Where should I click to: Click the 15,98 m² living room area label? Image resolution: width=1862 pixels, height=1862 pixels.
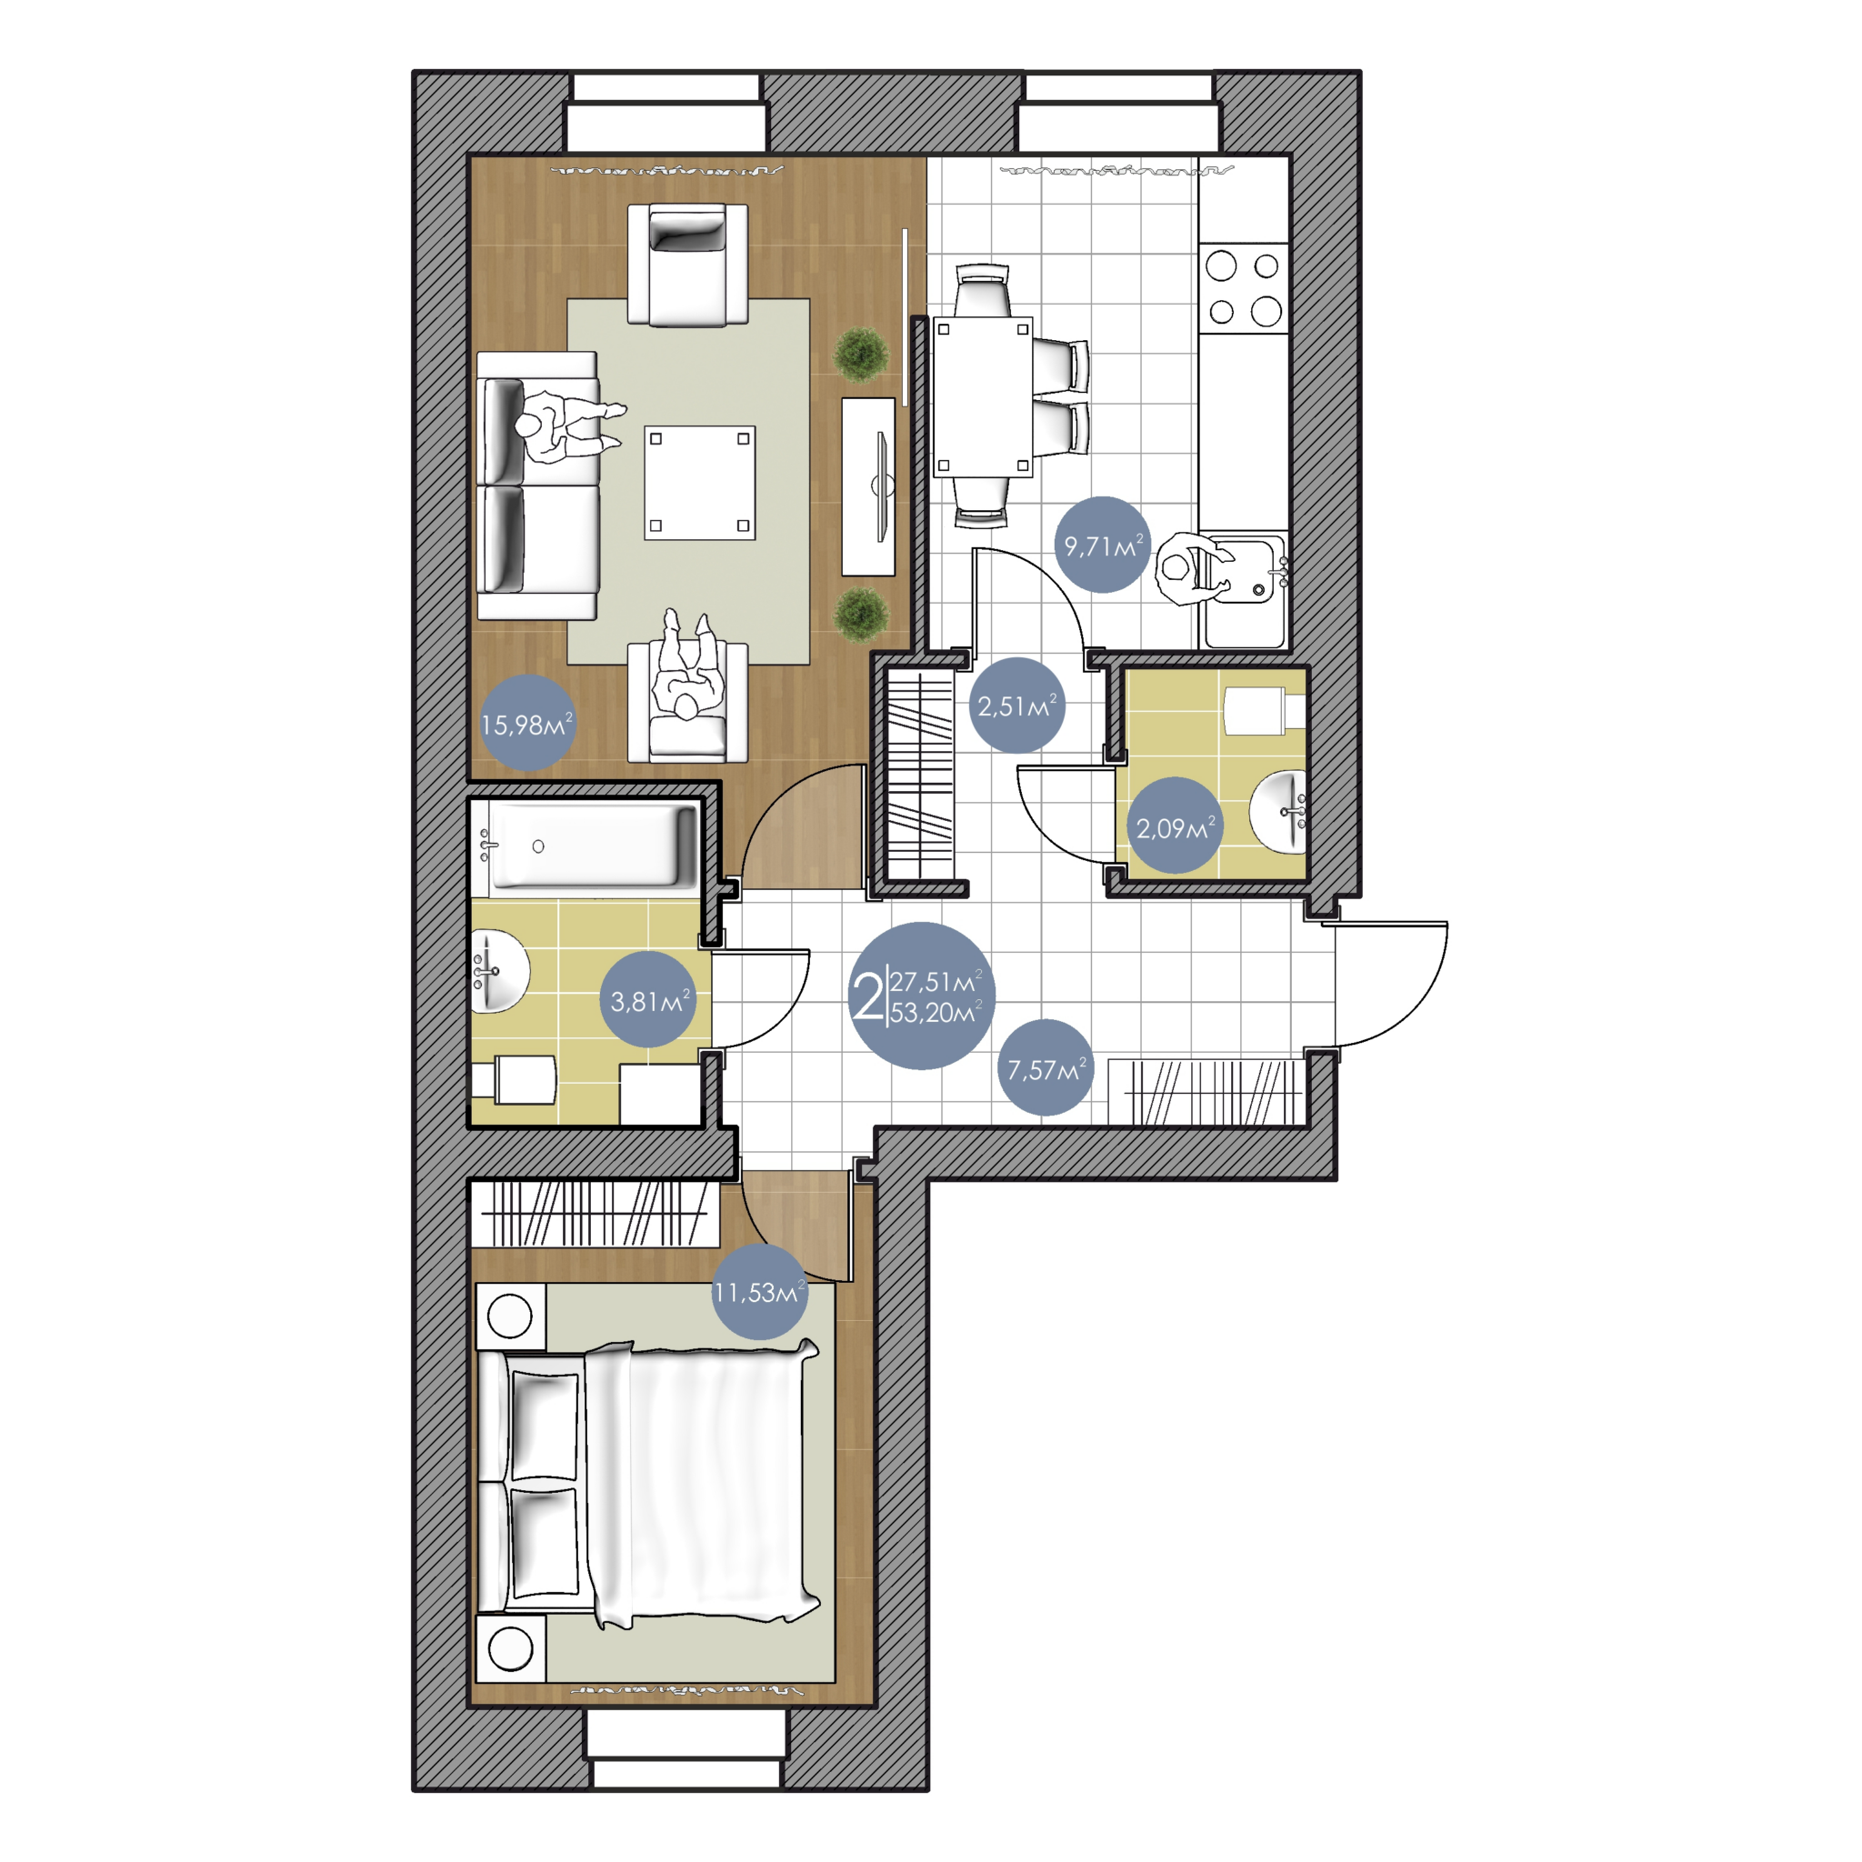[526, 724]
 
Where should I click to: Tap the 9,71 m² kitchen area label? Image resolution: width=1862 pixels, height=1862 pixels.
[1104, 546]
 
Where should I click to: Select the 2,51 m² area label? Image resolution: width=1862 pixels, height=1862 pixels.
[1016, 706]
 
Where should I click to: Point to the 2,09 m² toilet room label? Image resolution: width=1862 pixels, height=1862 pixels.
[1175, 827]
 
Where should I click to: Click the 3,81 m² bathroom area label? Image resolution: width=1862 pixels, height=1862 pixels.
[649, 1000]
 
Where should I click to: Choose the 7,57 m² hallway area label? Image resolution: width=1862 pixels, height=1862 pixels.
[1046, 1069]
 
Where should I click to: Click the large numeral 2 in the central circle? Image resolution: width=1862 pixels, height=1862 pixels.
[867, 996]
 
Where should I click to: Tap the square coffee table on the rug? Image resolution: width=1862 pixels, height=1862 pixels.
[700, 483]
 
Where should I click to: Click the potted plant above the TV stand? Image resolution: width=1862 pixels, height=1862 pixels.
[861, 354]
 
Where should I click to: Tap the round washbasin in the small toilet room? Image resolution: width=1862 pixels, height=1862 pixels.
[1279, 812]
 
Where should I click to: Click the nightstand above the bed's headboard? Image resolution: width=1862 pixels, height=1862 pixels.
[511, 1316]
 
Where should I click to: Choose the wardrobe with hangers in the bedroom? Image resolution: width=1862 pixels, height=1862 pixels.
[595, 1214]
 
